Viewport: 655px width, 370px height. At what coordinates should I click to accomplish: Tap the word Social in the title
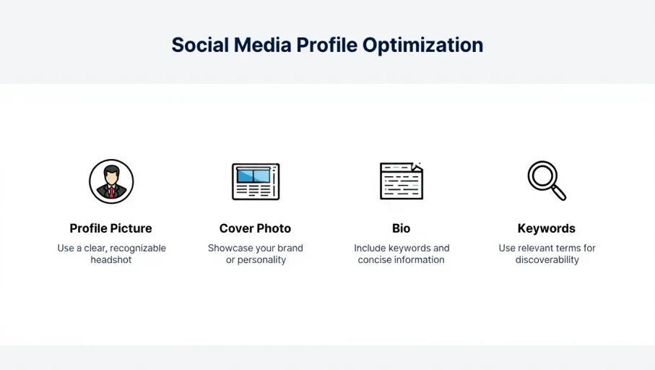(200, 45)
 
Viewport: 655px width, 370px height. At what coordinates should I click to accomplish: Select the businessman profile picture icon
(111, 181)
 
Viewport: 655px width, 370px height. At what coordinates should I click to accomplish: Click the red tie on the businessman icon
(111, 192)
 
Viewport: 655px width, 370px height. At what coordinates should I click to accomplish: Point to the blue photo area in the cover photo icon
(253, 175)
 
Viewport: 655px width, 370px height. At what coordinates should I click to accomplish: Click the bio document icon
(402, 181)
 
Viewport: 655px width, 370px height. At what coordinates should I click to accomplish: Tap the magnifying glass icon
(547, 181)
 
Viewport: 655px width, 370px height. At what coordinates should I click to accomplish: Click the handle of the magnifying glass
(559, 193)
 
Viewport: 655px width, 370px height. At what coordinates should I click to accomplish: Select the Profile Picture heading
(110, 228)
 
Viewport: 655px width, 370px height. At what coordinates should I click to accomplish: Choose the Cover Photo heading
(255, 228)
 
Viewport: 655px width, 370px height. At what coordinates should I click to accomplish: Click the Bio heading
(401, 228)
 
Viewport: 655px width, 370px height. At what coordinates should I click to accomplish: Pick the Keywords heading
(547, 228)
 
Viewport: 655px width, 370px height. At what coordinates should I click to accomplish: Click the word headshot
(111, 259)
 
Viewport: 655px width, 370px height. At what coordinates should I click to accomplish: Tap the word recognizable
(138, 249)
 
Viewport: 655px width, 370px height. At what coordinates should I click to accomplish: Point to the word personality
(262, 260)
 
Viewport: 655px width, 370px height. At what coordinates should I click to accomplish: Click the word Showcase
(227, 248)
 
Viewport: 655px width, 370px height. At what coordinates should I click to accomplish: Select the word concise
(373, 259)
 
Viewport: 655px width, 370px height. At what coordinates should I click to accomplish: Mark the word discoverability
(547, 260)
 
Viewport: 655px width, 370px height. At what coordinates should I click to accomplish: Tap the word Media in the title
(262, 45)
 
